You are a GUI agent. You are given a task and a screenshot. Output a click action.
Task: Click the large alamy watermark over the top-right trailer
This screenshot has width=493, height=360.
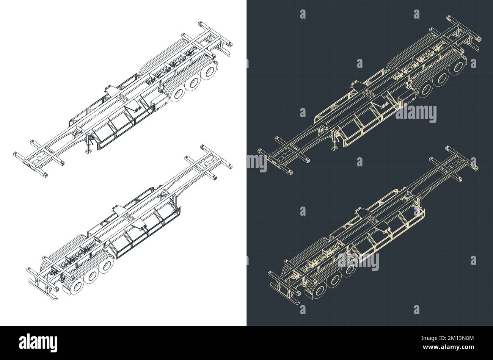[416, 113]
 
